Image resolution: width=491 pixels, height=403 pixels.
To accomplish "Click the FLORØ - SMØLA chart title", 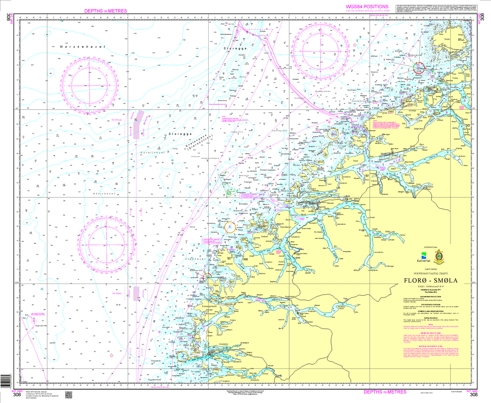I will pyautogui.click(x=431, y=281).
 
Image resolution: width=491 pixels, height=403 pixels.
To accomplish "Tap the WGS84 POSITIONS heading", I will pyautogui.click(x=367, y=7).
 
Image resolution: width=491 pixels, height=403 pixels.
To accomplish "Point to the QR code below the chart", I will pyautogui.click(x=69, y=395).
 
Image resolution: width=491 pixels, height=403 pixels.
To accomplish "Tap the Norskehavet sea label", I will pyautogui.click(x=83, y=47).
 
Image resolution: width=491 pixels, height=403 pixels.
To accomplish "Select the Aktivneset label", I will pyautogui.click(x=104, y=194).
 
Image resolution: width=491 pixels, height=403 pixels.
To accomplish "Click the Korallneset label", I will pyautogui.click(x=153, y=153).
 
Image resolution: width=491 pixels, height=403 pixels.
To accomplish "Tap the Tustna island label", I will pyautogui.click(x=455, y=78).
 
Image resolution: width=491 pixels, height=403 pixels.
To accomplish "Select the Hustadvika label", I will pyautogui.click(x=360, y=101).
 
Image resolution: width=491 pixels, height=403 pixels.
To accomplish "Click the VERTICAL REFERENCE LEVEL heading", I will pyautogui.click(x=431, y=346).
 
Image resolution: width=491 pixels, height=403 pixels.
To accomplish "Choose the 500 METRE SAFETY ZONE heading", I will pyautogui.click(x=431, y=333).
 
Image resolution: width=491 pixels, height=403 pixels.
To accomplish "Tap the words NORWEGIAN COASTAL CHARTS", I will pyautogui.click(x=431, y=273).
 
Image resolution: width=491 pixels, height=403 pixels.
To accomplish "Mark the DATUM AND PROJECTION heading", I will pyautogui.click(x=431, y=296).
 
